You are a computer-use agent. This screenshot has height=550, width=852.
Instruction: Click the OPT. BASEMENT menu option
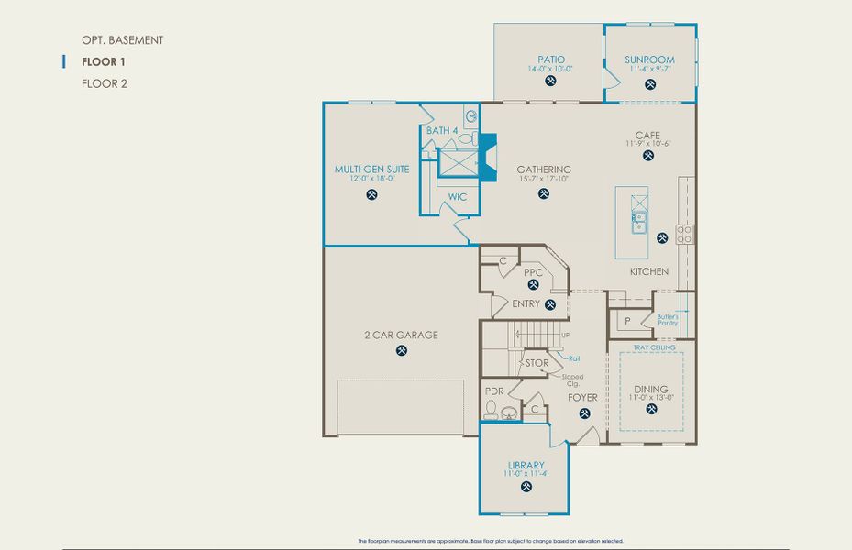(x=122, y=40)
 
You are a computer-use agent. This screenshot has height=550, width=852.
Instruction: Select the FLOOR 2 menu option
(x=104, y=83)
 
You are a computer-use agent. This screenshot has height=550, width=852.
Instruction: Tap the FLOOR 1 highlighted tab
(x=104, y=62)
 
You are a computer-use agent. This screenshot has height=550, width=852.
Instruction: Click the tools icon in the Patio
(x=550, y=81)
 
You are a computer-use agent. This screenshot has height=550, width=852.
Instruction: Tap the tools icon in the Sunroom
(x=650, y=84)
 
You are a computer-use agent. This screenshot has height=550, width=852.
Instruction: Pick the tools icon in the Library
(x=526, y=487)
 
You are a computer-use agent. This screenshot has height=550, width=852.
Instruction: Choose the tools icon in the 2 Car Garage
(x=402, y=350)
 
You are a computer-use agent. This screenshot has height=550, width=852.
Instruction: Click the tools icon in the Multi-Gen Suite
(x=371, y=194)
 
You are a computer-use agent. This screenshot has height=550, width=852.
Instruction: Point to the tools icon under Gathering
(x=544, y=193)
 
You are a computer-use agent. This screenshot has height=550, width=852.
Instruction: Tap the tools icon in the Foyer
(x=584, y=413)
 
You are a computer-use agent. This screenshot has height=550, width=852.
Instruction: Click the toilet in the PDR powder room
(x=491, y=410)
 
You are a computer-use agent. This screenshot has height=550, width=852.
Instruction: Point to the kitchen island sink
(x=638, y=221)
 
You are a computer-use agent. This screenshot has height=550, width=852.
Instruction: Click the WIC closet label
(x=458, y=197)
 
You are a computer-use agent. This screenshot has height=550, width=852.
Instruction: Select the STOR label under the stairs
(x=537, y=363)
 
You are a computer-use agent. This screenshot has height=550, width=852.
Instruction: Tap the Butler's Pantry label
(x=668, y=320)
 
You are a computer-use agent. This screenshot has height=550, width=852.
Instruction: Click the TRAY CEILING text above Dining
(x=654, y=348)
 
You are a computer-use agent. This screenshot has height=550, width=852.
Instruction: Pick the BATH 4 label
(x=442, y=131)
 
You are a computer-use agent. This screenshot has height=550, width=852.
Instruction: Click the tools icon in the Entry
(x=550, y=304)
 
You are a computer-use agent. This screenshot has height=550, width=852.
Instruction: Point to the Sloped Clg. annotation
(x=572, y=379)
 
